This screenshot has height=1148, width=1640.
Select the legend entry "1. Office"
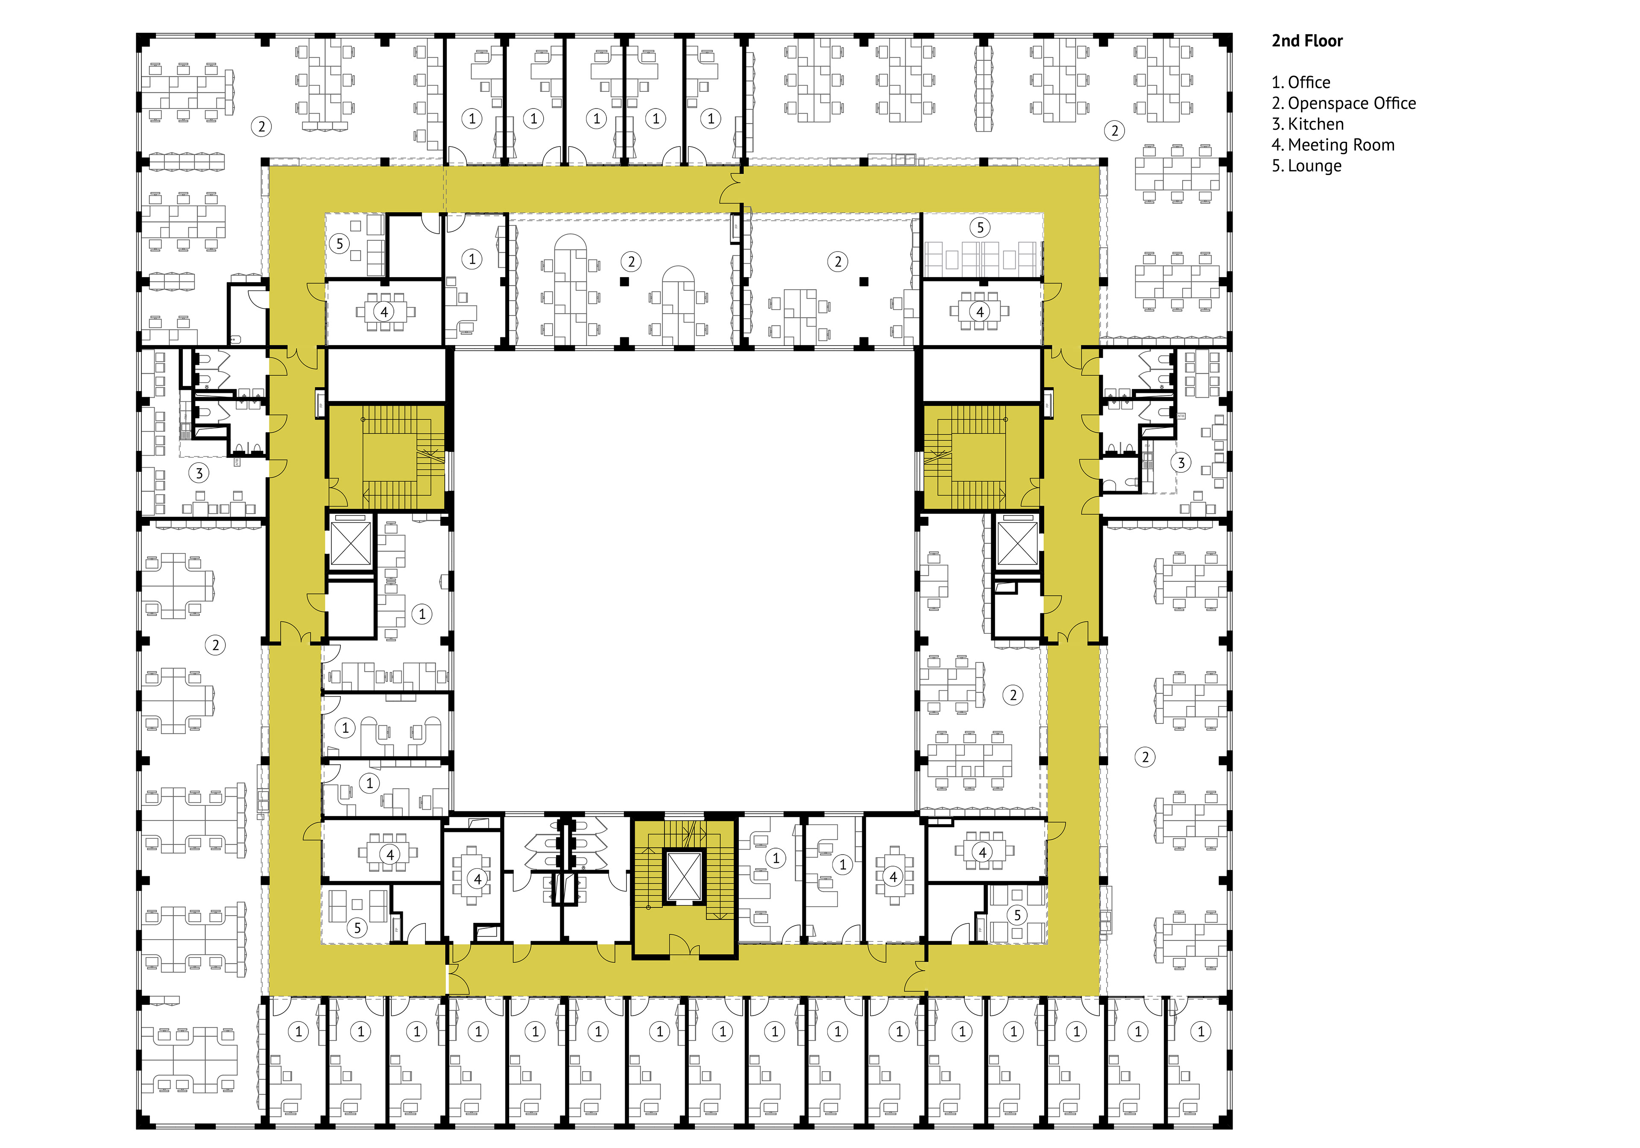(x=1301, y=82)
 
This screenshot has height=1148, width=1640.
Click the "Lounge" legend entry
(x=1314, y=166)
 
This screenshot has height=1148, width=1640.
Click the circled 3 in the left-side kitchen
(x=199, y=473)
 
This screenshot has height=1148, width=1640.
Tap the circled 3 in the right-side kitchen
(x=1181, y=463)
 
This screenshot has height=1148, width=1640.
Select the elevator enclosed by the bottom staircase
(x=684, y=875)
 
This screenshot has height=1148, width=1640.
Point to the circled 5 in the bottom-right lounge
(x=1017, y=914)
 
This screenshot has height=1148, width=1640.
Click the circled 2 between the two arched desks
(x=631, y=261)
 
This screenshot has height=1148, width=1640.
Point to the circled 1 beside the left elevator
(x=422, y=614)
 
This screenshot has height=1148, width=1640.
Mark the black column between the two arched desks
(x=624, y=282)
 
